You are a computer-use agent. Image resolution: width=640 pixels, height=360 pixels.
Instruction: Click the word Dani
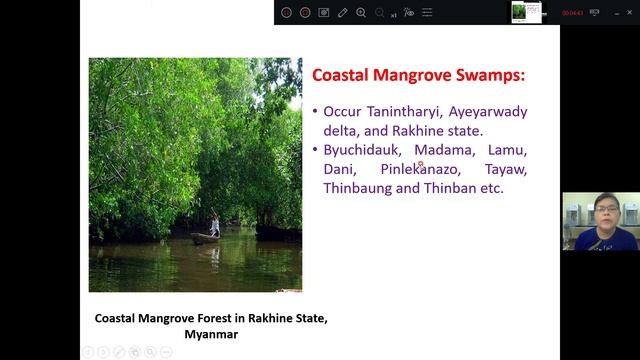click(339, 169)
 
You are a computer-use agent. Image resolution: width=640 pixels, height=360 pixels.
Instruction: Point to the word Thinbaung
click(357, 188)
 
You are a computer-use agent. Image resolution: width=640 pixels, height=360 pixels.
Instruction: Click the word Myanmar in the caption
click(211, 335)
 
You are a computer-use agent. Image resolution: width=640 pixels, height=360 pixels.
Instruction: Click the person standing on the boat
click(214, 224)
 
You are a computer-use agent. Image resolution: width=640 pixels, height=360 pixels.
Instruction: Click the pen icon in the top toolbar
click(342, 12)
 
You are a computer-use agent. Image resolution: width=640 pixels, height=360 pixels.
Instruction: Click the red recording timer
click(572, 12)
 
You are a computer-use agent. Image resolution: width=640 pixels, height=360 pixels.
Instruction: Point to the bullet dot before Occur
click(314, 112)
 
